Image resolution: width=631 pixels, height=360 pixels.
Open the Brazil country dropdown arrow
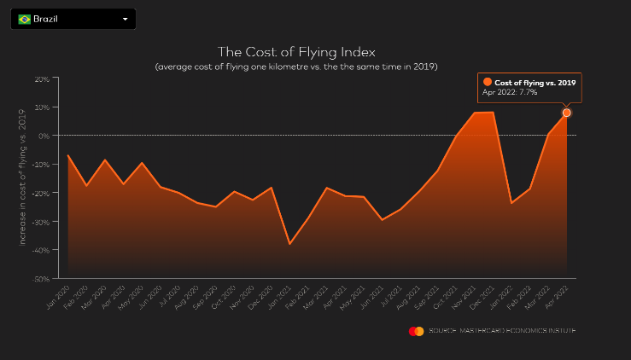(x=125, y=19)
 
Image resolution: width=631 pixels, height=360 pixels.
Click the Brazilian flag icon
(x=24, y=19)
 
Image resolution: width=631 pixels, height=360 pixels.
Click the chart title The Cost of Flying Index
(x=296, y=52)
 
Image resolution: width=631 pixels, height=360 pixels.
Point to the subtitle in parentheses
(x=296, y=67)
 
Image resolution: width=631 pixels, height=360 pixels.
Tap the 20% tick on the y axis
(x=41, y=78)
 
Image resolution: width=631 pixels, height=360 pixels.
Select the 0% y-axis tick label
(x=43, y=135)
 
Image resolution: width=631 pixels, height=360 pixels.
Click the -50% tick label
(x=40, y=278)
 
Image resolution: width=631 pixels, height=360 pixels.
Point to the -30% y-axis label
(x=40, y=221)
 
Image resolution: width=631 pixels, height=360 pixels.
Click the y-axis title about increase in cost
(x=23, y=179)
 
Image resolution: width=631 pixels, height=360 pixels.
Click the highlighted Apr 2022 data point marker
(x=566, y=113)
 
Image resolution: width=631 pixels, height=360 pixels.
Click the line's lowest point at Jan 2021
(x=289, y=244)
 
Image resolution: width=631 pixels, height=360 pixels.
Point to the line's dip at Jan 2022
(x=511, y=203)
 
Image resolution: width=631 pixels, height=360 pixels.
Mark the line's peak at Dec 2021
(x=493, y=112)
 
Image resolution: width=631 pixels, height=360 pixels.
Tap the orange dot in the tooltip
(x=488, y=82)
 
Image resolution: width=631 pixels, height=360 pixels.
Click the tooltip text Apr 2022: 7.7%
(x=511, y=92)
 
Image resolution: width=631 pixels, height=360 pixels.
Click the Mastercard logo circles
(x=416, y=331)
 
